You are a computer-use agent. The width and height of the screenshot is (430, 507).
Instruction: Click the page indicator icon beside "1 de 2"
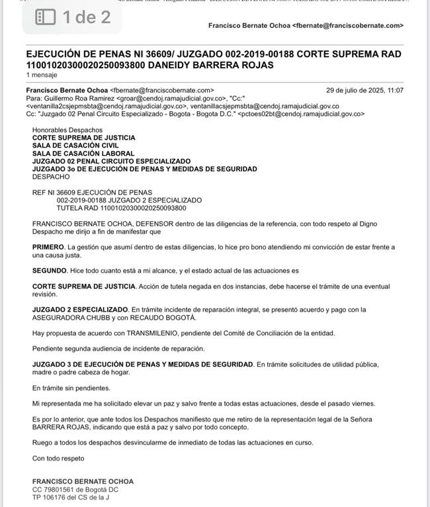pyautogui.click(x=45, y=17)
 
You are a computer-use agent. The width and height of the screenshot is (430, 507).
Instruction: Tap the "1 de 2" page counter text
pyautogui.click(x=87, y=17)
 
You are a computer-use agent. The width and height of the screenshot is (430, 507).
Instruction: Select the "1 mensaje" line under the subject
pyautogui.click(x=41, y=75)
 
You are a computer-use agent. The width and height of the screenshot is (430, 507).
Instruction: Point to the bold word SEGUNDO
pyautogui.click(x=50, y=271)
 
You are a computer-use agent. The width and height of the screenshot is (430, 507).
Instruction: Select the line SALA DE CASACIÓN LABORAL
pyautogui.click(x=83, y=154)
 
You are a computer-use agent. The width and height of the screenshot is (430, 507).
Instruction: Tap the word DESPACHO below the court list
pyautogui.click(x=51, y=177)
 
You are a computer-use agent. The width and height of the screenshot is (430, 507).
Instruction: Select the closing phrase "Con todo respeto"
pyautogui.click(x=58, y=458)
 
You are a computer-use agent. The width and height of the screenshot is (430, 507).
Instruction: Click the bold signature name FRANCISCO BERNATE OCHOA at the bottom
pyautogui.click(x=83, y=481)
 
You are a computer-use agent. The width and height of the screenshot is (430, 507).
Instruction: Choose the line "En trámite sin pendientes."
pyautogui.click(x=71, y=388)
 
